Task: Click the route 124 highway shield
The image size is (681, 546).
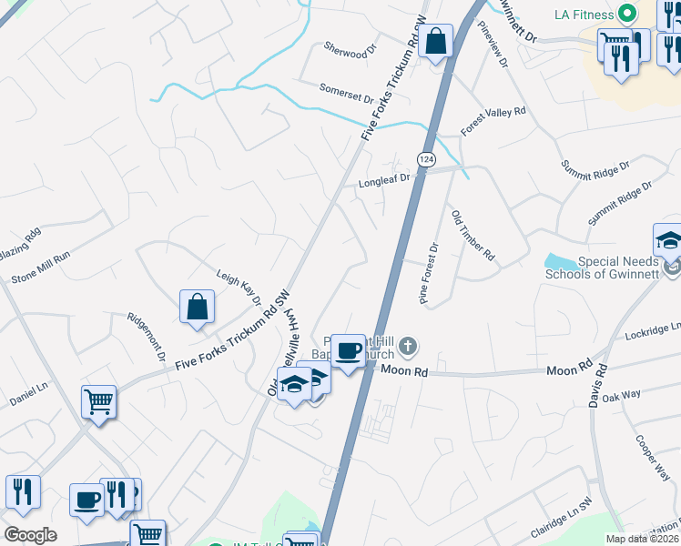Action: pyautogui.click(x=425, y=159)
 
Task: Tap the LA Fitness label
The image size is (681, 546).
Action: pyautogui.click(x=585, y=15)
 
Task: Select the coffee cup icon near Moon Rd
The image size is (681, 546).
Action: pyautogui.click(x=348, y=350)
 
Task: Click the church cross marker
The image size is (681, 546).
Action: pyautogui.click(x=408, y=346)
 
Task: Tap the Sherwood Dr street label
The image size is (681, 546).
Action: pyautogui.click(x=351, y=49)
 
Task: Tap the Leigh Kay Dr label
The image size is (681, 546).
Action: pyautogui.click(x=239, y=287)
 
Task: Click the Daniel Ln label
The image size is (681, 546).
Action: pyautogui.click(x=28, y=393)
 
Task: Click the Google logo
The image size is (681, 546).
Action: pyautogui.click(x=30, y=535)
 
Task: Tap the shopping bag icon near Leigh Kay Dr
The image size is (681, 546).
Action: pyautogui.click(x=197, y=307)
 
